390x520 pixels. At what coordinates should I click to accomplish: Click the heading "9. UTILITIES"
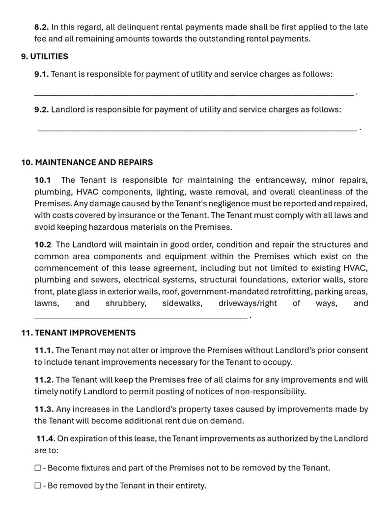point(44,56)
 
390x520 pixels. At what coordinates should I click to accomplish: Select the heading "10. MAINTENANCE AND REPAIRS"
point(86,162)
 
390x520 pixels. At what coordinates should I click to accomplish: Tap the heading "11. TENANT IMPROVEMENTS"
point(78,333)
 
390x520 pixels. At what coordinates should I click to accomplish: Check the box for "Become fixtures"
point(38,468)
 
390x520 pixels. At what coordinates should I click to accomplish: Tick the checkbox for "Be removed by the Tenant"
point(38,486)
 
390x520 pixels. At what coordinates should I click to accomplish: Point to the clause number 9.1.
point(41,74)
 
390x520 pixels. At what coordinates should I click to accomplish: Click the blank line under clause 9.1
point(194,92)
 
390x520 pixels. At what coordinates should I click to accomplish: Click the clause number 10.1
point(42,180)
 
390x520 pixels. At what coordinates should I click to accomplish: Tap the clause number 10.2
point(42,245)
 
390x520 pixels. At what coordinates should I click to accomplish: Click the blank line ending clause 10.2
point(140,317)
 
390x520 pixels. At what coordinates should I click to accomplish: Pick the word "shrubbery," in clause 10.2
point(126,303)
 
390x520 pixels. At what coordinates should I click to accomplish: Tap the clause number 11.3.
point(44,409)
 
